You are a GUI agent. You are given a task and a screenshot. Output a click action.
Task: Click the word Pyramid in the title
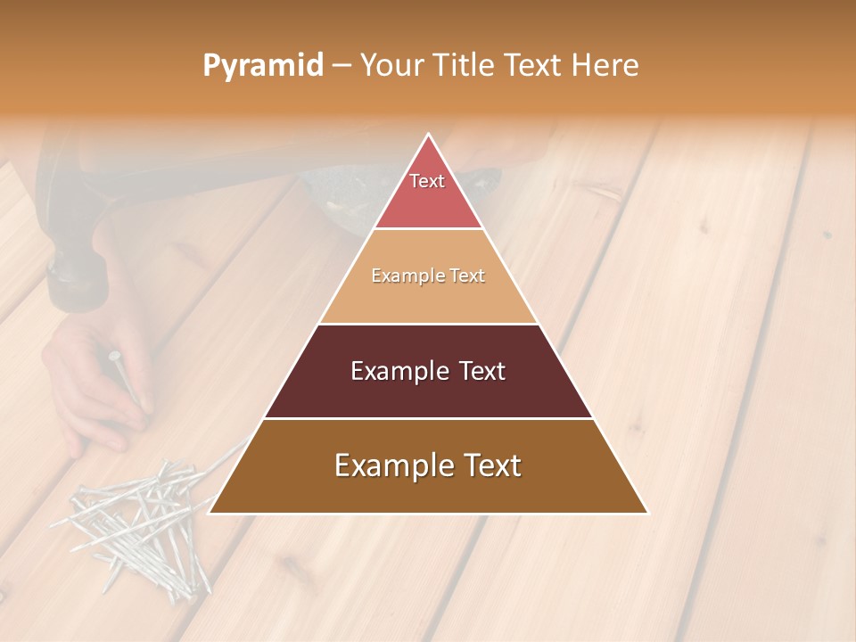[263, 66]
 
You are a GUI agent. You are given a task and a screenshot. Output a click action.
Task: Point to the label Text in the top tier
[427, 181]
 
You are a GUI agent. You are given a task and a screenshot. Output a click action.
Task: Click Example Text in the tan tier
[428, 276]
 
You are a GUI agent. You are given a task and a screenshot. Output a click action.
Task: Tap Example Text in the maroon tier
[428, 371]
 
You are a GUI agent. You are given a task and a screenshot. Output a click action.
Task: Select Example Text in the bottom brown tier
[428, 465]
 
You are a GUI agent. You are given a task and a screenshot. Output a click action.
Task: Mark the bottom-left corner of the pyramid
[210, 513]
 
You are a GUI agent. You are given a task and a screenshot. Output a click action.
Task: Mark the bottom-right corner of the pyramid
[646, 513]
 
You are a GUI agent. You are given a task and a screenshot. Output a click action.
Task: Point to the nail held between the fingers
[125, 379]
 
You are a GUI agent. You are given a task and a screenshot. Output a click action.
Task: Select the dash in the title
[342, 66]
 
